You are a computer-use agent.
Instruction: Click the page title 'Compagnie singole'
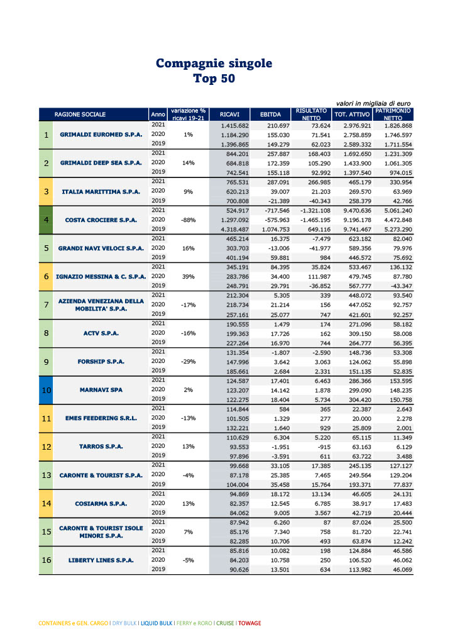(x=214, y=64)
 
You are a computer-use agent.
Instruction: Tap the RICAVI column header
(x=229, y=114)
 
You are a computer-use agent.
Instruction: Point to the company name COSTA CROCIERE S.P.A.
(x=101, y=220)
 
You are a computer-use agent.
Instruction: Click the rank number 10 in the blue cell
(x=46, y=390)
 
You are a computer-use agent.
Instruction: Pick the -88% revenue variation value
(x=189, y=220)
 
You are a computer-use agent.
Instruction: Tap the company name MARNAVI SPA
(x=101, y=390)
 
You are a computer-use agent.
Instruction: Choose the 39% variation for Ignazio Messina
(x=189, y=277)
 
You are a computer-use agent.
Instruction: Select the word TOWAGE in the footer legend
(x=249, y=623)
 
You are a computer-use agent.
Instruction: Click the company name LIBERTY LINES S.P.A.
(x=101, y=560)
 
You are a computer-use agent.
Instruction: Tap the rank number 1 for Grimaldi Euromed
(x=46, y=135)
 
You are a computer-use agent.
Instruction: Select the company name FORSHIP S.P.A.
(x=101, y=362)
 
